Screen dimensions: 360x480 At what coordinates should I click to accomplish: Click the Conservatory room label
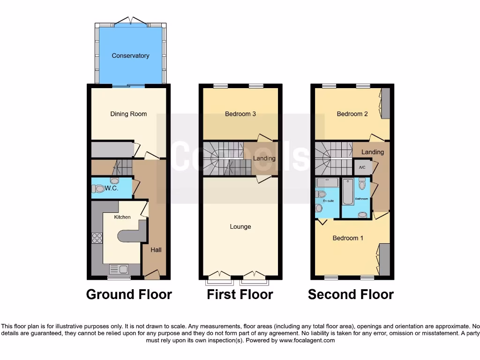(x=130, y=56)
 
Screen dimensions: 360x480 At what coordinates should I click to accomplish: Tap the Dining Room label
(x=128, y=114)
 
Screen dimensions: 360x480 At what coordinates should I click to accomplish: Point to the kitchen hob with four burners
(x=97, y=238)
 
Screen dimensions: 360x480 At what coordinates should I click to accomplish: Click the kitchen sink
(x=119, y=269)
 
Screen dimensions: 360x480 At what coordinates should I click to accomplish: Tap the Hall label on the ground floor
(x=156, y=250)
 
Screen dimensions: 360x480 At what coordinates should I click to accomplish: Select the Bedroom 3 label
(x=240, y=114)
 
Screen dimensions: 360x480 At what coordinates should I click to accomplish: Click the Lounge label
(x=240, y=227)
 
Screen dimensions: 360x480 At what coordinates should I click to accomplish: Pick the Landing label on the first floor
(x=264, y=158)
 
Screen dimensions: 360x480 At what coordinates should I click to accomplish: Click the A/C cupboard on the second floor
(x=362, y=167)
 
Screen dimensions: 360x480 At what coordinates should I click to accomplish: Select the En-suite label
(x=328, y=201)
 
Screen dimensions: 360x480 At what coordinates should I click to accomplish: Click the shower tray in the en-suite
(x=327, y=182)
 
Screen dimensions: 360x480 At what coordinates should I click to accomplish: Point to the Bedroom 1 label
(x=348, y=238)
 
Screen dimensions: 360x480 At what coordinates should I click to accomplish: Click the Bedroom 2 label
(x=352, y=114)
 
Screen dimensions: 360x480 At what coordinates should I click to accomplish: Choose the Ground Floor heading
(x=129, y=294)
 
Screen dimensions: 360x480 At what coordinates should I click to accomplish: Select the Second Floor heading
(x=351, y=294)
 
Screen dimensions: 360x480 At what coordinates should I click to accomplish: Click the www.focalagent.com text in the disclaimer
(x=307, y=340)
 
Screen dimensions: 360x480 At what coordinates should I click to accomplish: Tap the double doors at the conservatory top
(x=130, y=20)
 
